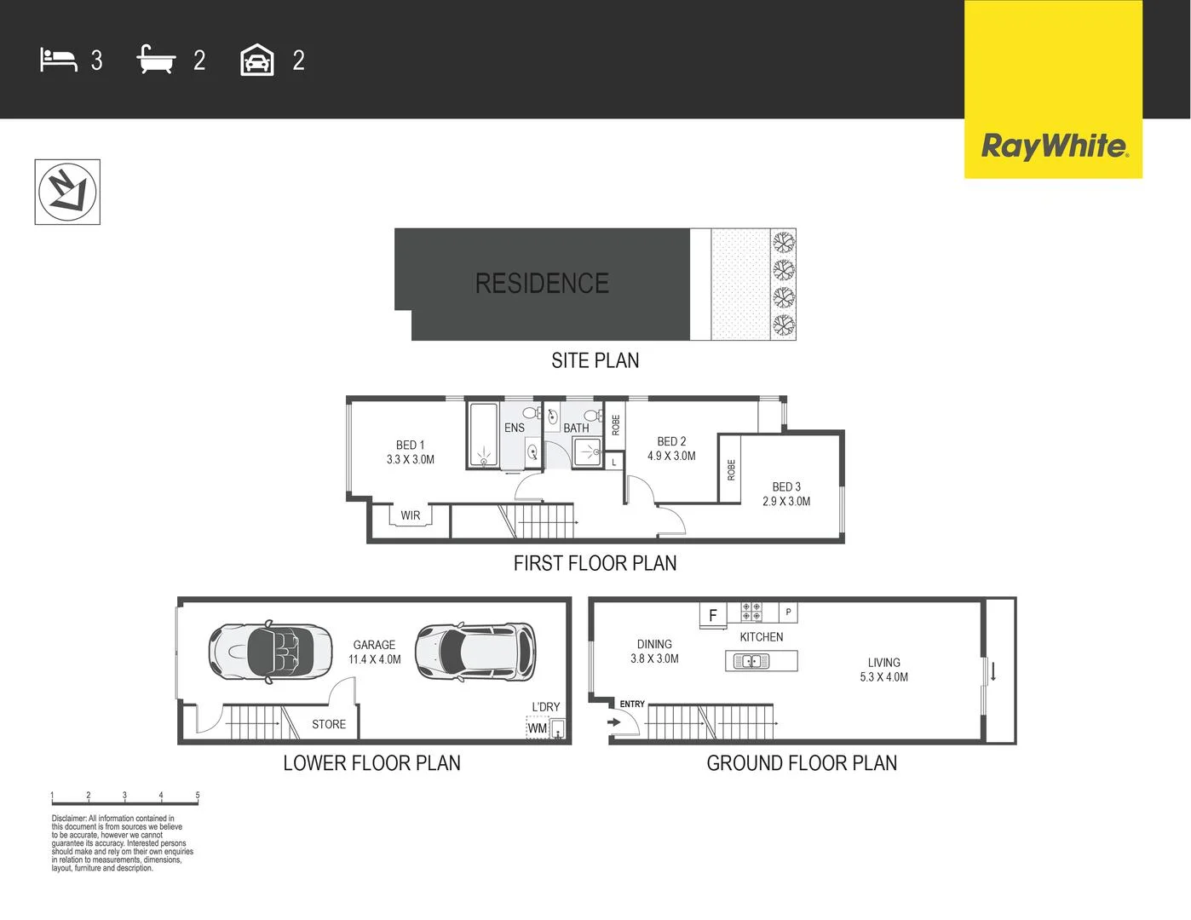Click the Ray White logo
point(1054,147)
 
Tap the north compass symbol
point(67,192)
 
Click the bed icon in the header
point(58,60)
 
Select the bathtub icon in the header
point(156,60)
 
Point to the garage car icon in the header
point(257,60)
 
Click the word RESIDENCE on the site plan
point(542,284)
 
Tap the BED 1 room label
point(410,445)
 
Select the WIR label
point(410,515)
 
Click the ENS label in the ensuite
point(514,428)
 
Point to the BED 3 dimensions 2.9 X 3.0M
point(786,502)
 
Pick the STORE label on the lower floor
point(329,724)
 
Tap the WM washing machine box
point(538,728)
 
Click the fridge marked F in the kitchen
point(713,614)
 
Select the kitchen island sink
point(751,661)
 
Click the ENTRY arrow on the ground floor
point(614,722)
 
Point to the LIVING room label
point(883,663)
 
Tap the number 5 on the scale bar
point(198,796)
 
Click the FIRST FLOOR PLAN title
point(595,563)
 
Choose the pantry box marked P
point(789,612)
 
